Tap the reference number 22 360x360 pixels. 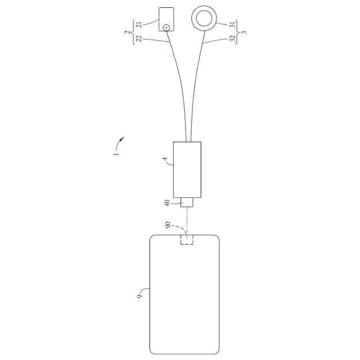click(x=139, y=39)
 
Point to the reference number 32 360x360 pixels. click(x=232, y=38)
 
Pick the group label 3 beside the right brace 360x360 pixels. click(x=245, y=32)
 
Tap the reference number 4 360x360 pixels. click(x=165, y=160)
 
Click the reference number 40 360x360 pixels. click(x=167, y=203)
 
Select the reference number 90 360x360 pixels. click(x=168, y=225)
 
